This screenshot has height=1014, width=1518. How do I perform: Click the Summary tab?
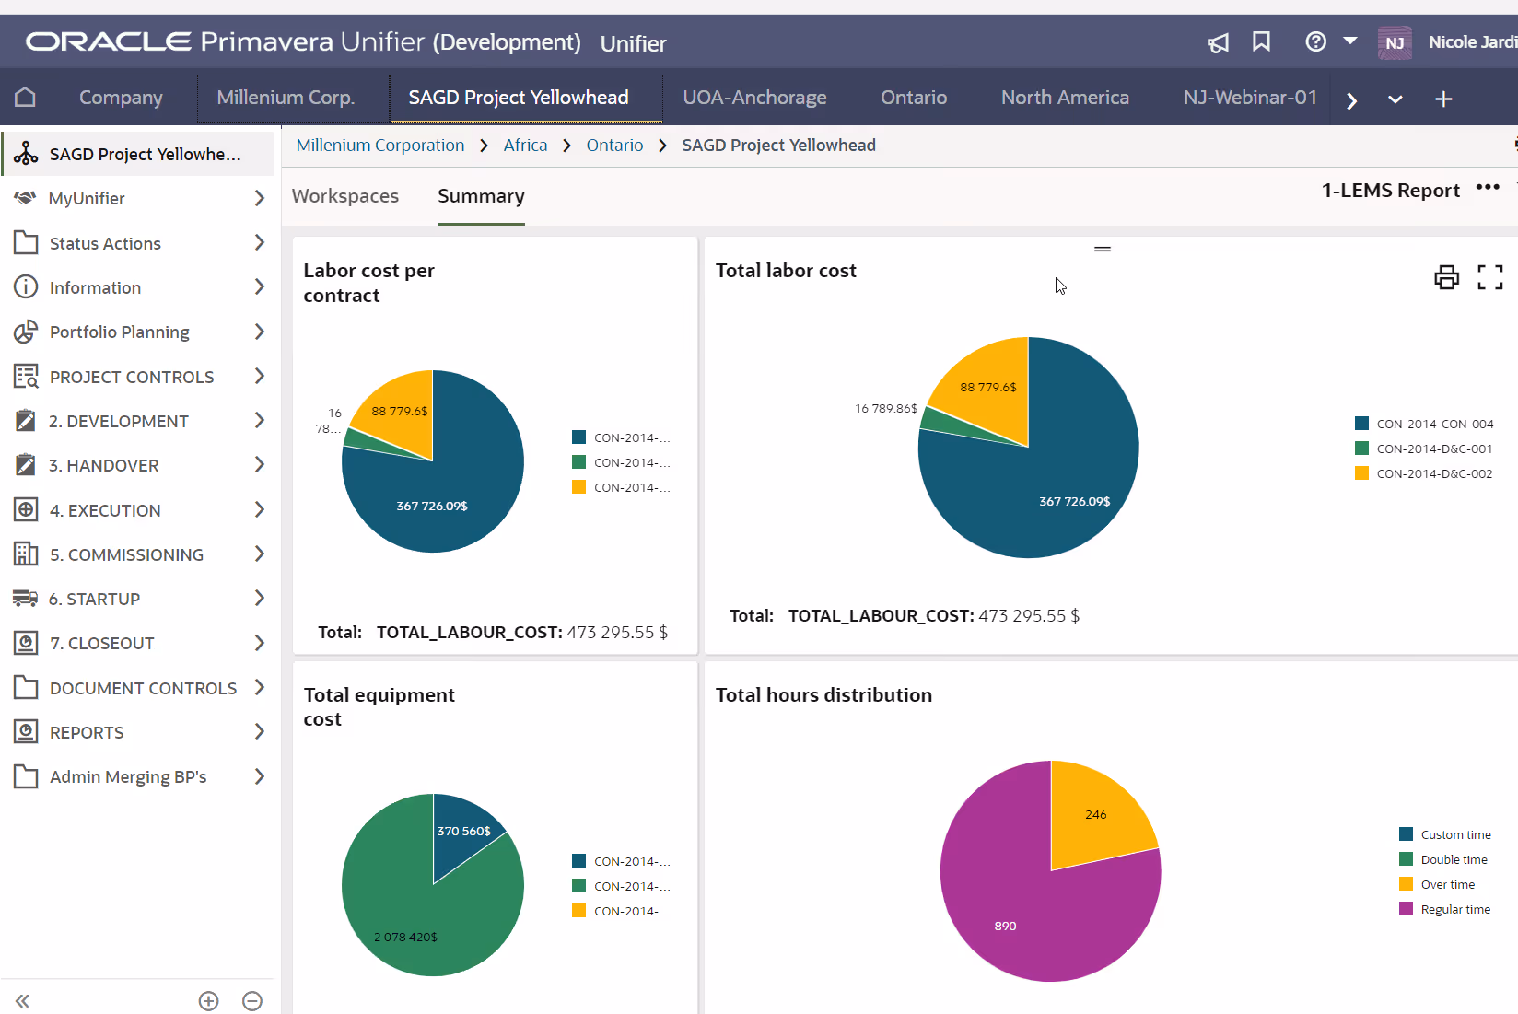point(481,196)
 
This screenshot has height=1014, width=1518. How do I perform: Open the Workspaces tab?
point(345,196)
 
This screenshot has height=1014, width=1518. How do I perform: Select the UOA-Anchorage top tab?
point(754,98)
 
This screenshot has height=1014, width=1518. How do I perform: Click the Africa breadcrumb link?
point(525,146)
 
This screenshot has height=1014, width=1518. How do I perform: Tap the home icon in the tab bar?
point(26,98)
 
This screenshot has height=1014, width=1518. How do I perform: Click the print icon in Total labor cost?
point(1446,276)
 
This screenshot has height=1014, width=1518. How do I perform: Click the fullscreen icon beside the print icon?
point(1489,276)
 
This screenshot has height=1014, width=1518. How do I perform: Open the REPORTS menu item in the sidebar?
point(87,732)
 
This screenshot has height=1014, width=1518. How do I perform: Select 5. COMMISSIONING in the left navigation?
point(126,554)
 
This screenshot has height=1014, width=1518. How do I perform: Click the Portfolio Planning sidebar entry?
point(119,332)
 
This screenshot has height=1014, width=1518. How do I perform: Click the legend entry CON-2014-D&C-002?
point(1434,473)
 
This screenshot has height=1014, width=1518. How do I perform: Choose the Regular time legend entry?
point(1454,909)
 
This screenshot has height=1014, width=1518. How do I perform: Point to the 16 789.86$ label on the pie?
point(885,408)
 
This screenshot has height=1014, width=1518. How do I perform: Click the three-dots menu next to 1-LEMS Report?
point(1488,188)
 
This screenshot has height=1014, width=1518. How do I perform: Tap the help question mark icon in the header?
point(1315,41)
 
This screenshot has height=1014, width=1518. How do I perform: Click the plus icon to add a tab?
point(1443,99)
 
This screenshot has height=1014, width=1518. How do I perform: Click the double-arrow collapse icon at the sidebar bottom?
point(23,1001)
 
